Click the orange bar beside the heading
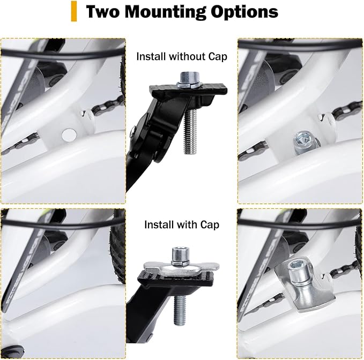[74, 11]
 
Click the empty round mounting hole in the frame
[69, 134]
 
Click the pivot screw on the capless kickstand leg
[132, 129]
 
